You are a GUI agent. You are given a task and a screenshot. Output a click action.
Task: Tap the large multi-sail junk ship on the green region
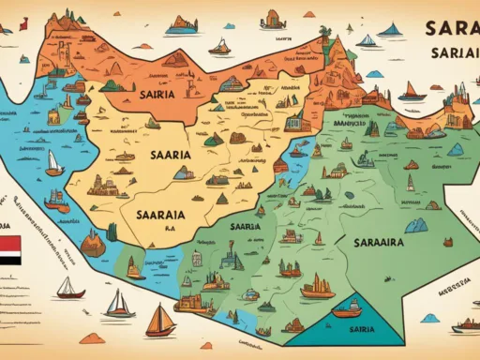click(x=316, y=285)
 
